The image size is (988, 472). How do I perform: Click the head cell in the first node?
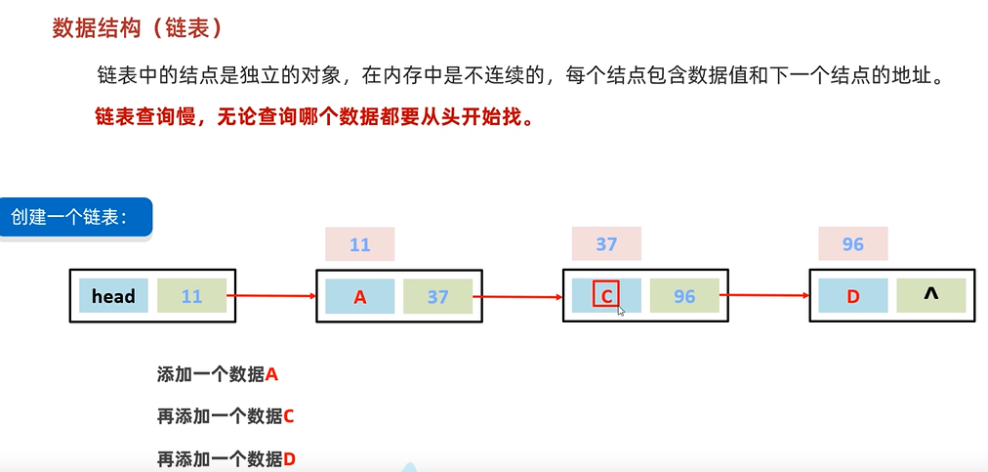pyautogui.click(x=113, y=295)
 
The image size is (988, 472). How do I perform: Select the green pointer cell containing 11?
pyautogui.click(x=191, y=295)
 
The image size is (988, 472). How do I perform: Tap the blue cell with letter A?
pyautogui.click(x=360, y=295)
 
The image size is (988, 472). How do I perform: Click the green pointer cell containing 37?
pyautogui.click(x=437, y=295)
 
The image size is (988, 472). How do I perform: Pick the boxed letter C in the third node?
pyautogui.click(x=606, y=294)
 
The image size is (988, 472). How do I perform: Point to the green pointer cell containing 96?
pyautogui.click(x=684, y=295)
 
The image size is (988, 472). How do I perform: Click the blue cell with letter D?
pyautogui.click(x=853, y=295)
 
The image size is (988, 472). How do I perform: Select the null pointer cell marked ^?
pyautogui.click(x=930, y=295)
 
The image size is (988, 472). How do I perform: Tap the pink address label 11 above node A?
pyautogui.click(x=360, y=244)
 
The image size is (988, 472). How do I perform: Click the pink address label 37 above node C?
pyautogui.click(x=606, y=243)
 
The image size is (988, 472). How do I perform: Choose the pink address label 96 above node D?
pyautogui.click(x=853, y=243)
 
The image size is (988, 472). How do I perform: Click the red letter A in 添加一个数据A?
pyautogui.click(x=272, y=373)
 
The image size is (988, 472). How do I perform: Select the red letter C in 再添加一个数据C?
pyautogui.click(x=288, y=416)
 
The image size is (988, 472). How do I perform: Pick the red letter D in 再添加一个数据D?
pyautogui.click(x=289, y=458)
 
